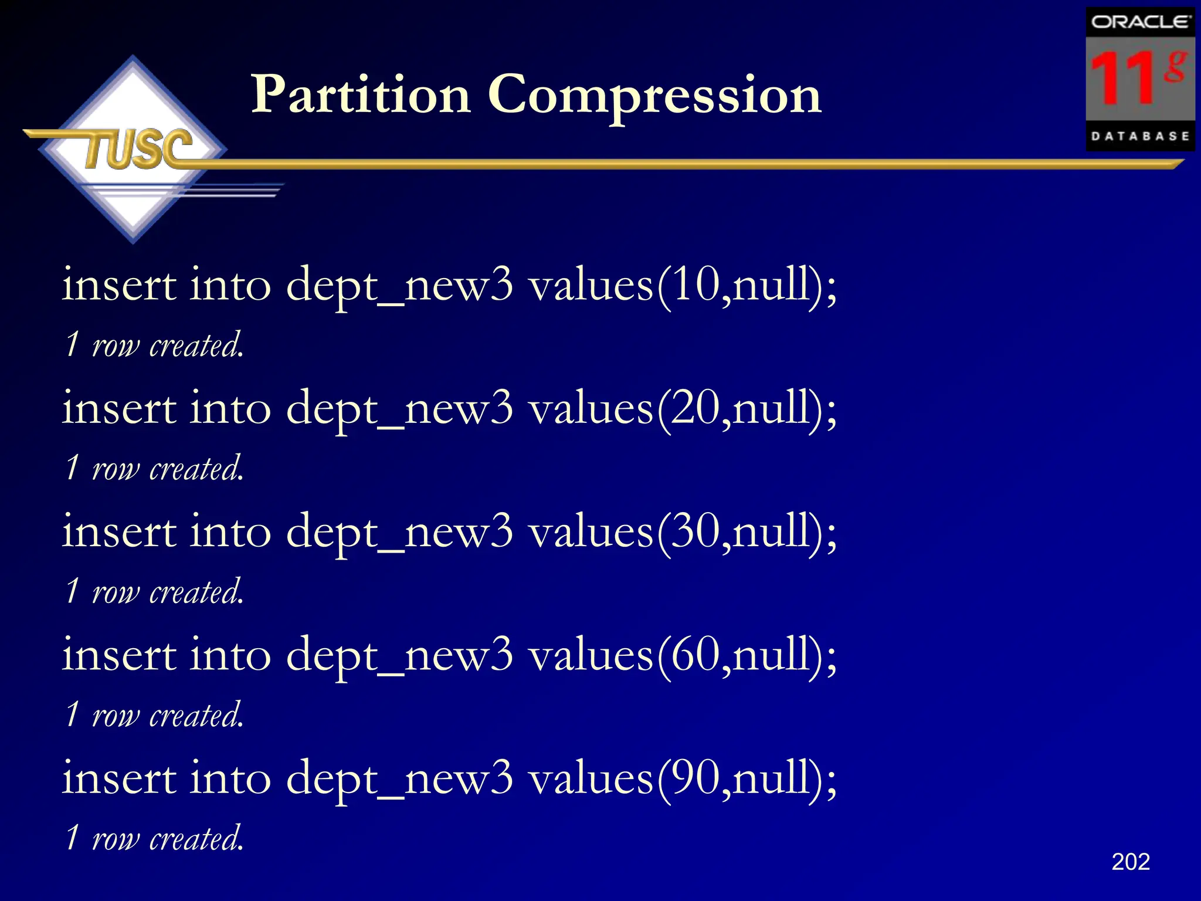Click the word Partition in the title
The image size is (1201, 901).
tap(361, 95)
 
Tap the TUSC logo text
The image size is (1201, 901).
tap(138, 149)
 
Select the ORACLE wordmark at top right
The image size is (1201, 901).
tap(1139, 22)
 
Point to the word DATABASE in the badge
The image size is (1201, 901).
tap(1139, 136)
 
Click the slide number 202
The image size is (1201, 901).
tap(1130, 862)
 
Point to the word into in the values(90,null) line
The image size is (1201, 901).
tap(230, 778)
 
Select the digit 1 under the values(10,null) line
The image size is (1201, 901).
tap(72, 344)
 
